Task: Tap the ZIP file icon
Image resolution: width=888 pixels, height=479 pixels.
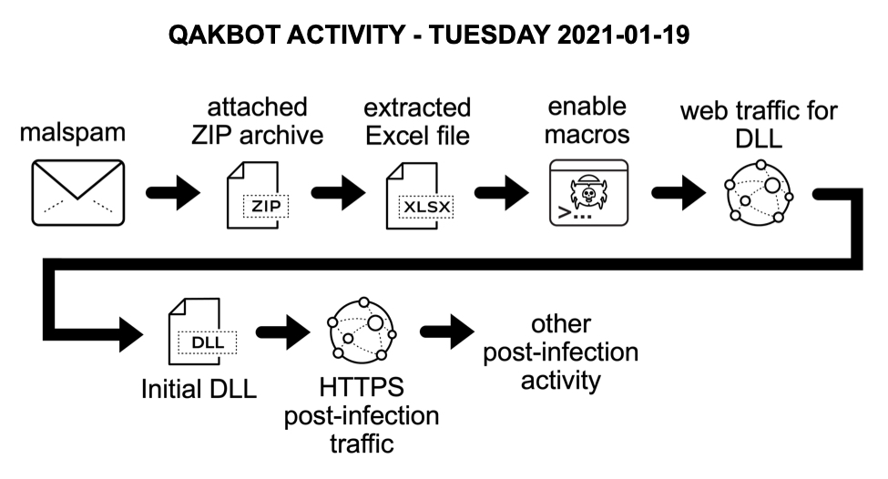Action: [258, 194]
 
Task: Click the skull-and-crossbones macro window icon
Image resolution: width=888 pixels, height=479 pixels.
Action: [588, 194]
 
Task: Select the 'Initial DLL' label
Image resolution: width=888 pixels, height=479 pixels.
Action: [199, 389]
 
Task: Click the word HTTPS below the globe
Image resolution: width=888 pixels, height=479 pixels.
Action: [361, 390]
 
